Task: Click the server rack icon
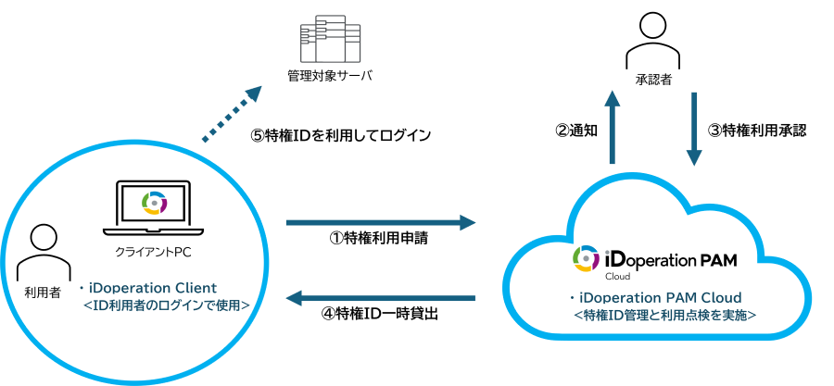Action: coord(330,39)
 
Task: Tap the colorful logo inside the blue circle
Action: coord(154,202)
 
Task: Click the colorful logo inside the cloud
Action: coord(586,257)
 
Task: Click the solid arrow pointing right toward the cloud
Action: coord(380,222)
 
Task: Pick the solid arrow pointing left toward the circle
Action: coord(380,298)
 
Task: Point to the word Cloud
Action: coord(718,298)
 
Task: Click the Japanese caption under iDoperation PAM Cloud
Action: coord(664,315)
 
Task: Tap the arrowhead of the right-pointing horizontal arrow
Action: coord(468,222)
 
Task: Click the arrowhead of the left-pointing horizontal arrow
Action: coord(292,298)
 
